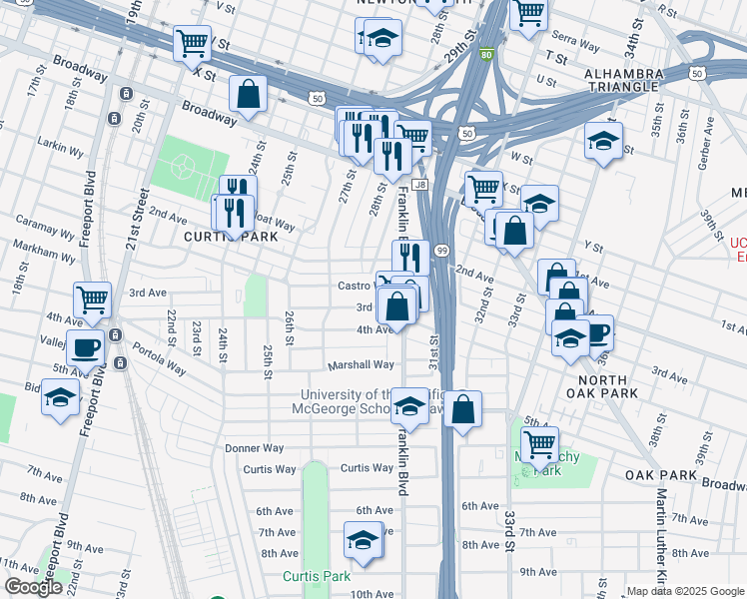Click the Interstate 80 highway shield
[486, 55]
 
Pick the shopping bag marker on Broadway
[248, 95]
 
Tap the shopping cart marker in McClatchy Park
[539, 444]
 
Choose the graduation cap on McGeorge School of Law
[409, 404]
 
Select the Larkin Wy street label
[57, 144]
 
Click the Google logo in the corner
[34, 587]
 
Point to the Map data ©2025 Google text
[685, 591]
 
